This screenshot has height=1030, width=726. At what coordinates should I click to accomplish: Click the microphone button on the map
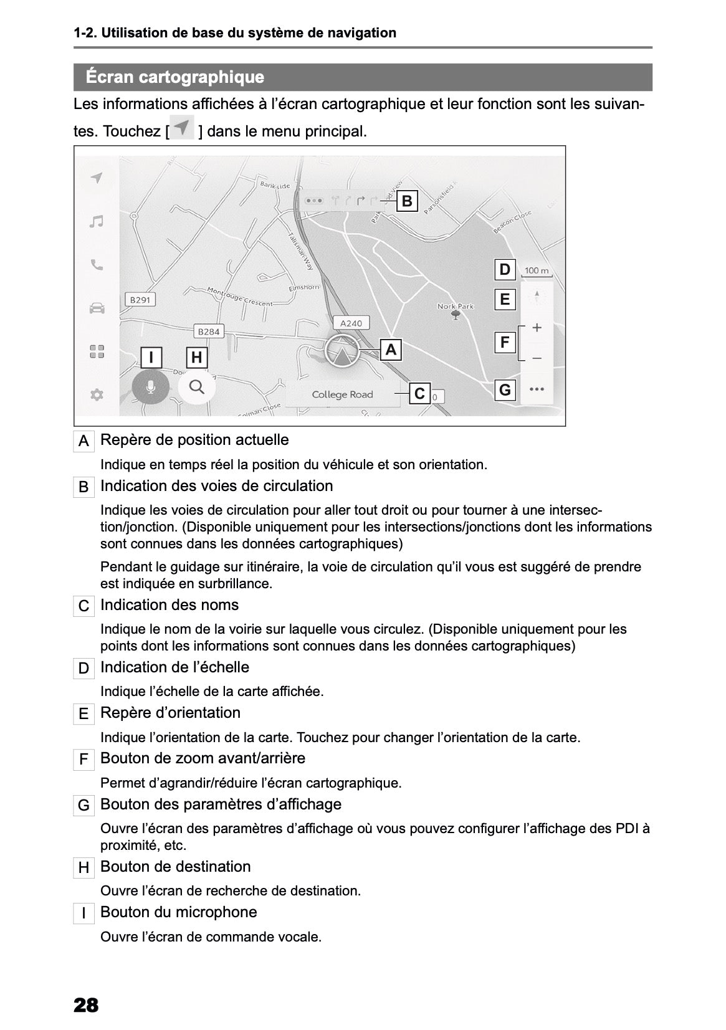pyautogui.click(x=150, y=388)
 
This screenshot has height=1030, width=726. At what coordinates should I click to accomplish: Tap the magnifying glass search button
pyautogui.click(x=196, y=387)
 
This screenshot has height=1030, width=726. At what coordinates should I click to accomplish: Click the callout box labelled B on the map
pyautogui.click(x=407, y=201)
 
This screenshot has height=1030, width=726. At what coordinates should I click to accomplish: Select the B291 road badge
pyautogui.click(x=140, y=300)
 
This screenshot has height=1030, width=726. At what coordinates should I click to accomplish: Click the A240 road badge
pyautogui.click(x=351, y=323)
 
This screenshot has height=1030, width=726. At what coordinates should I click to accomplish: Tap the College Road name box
pyautogui.click(x=342, y=394)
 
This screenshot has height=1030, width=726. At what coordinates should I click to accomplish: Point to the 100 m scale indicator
pyautogui.click(x=537, y=271)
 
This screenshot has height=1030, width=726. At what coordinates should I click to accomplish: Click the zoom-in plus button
pyautogui.click(x=537, y=328)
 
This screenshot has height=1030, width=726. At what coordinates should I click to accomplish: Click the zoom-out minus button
pyautogui.click(x=537, y=358)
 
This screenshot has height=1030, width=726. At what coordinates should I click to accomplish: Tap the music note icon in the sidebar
pyautogui.click(x=96, y=222)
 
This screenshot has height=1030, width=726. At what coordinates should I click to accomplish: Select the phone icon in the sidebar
pyautogui.click(x=96, y=265)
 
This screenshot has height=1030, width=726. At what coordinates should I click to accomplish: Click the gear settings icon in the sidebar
pyautogui.click(x=96, y=394)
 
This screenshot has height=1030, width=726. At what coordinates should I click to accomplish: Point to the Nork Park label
pyautogui.click(x=456, y=306)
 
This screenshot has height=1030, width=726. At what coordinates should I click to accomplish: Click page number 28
pyautogui.click(x=86, y=1005)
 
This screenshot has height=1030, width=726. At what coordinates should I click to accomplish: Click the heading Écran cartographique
pyautogui.click(x=175, y=77)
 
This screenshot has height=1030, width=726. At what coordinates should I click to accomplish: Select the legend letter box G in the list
pyautogui.click(x=84, y=806)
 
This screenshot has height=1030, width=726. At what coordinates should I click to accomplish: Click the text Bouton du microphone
pyautogui.click(x=178, y=912)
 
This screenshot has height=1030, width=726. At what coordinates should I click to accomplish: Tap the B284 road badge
pyautogui.click(x=208, y=331)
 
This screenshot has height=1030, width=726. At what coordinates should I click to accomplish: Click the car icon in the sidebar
pyautogui.click(x=96, y=308)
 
